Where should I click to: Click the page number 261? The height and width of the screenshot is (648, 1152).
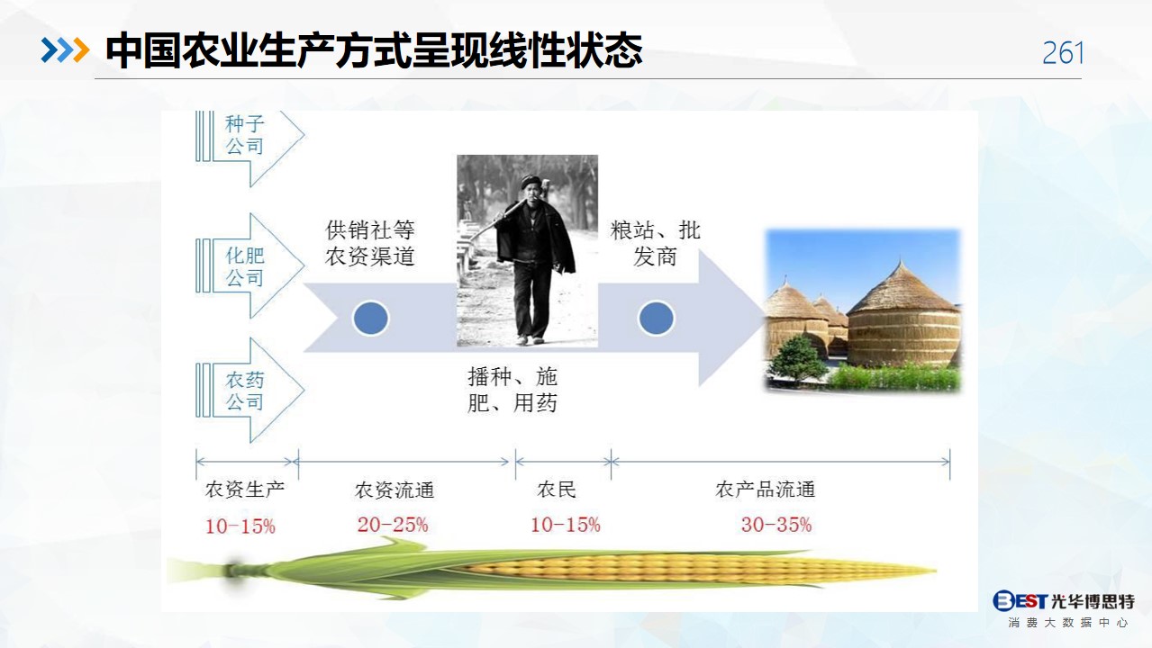(1063, 53)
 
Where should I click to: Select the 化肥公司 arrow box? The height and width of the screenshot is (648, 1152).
(250, 266)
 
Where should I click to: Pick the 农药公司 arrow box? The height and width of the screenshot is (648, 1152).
(250, 390)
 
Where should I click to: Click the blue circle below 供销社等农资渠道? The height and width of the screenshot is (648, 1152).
(371, 319)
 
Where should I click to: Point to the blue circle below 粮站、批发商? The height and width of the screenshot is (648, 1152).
(657, 319)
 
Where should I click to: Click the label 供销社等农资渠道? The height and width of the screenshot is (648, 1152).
(370, 243)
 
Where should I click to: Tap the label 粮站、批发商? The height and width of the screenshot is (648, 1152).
(655, 243)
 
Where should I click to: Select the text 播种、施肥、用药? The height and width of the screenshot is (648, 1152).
(513, 390)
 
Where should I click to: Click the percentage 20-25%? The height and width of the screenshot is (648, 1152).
(393, 525)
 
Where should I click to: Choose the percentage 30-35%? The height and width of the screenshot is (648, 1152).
(776, 525)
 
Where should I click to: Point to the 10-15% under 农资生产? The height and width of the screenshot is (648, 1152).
(240, 526)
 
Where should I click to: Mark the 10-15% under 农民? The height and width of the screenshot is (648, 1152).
(566, 525)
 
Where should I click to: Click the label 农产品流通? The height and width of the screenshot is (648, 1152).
(766, 490)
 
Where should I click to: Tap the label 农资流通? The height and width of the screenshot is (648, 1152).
(395, 490)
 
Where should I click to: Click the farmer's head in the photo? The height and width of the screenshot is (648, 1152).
(530, 187)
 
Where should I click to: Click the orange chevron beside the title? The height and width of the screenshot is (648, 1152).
(81, 50)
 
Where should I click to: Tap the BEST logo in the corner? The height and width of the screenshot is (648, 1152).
(1020, 600)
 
